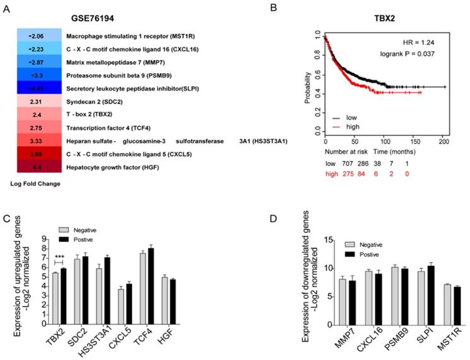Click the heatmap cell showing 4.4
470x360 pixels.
point(37,167)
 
